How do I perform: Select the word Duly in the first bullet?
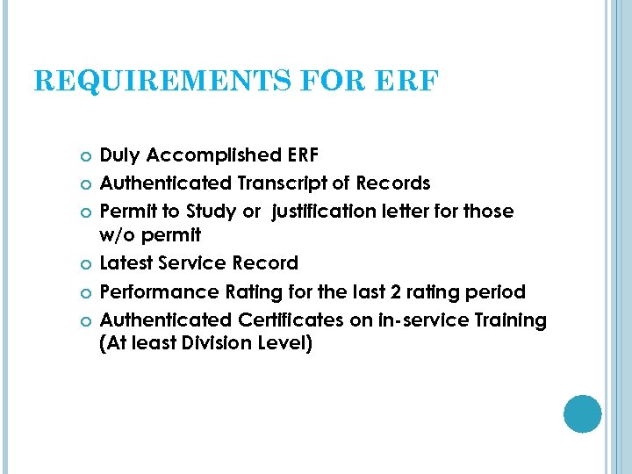pyautogui.click(x=121, y=155)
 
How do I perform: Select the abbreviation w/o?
pyautogui.click(x=118, y=235)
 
